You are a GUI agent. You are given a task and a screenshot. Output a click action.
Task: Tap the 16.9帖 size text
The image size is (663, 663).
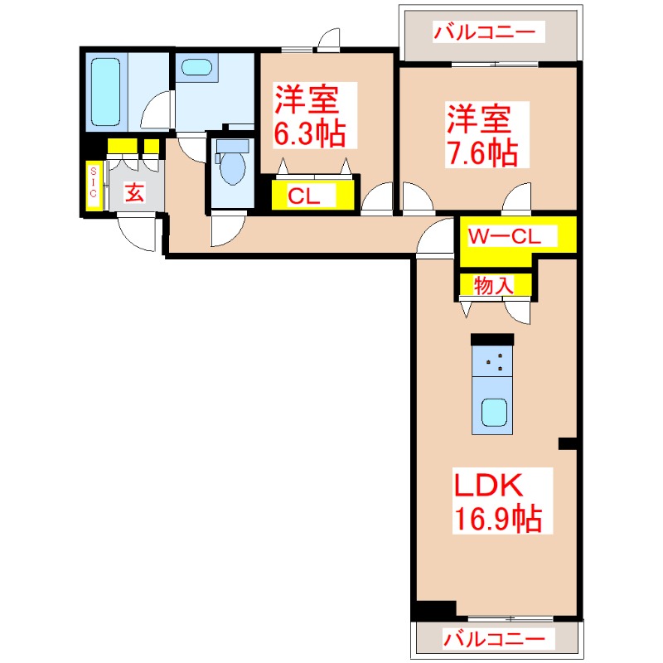[497, 519]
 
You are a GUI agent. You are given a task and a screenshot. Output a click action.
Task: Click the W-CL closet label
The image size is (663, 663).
[505, 235]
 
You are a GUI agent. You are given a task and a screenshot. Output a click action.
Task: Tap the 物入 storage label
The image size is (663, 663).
[493, 285]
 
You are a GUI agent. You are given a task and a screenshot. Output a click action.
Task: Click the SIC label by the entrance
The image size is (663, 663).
[94, 181]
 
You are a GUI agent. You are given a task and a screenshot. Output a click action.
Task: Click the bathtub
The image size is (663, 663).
[106, 93]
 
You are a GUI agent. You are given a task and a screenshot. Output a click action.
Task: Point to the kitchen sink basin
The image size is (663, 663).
[496, 412]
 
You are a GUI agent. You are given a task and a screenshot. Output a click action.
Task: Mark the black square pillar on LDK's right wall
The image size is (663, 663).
[568, 444]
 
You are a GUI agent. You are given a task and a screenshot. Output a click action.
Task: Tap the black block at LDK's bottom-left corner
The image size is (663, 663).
[435, 609]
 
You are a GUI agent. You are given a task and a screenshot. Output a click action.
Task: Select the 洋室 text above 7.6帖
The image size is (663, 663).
[477, 119]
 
